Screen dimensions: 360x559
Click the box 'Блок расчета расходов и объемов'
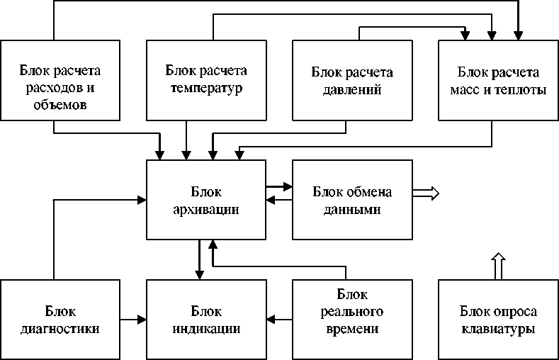[x=60, y=79]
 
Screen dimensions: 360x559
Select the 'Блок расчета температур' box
[x=206, y=79]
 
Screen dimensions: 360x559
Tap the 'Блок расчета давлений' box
[x=352, y=79]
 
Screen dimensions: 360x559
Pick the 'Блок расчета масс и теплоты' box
[x=498, y=79]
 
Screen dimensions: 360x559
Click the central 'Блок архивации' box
[x=206, y=200]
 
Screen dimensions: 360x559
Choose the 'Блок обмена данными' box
[x=352, y=200]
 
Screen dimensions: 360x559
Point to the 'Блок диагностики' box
[x=60, y=320]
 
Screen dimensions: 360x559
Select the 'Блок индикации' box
[x=206, y=320]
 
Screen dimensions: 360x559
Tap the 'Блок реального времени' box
[x=352, y=320]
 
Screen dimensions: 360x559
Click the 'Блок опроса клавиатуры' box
[x=498, y=320]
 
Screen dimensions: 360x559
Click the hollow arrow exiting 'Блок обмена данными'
[x=427, y=193]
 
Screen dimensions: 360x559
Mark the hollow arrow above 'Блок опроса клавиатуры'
[x=498, y=265]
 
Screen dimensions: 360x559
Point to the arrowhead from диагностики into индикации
[x=141, y=320]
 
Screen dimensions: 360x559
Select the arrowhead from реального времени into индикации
[x=271, y=320]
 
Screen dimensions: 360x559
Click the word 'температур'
[x=206, y=89]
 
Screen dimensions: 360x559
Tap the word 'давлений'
[x=352, y=90]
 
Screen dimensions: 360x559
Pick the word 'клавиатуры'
[x=498, y=330]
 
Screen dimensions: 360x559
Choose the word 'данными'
[x=352, y=210]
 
